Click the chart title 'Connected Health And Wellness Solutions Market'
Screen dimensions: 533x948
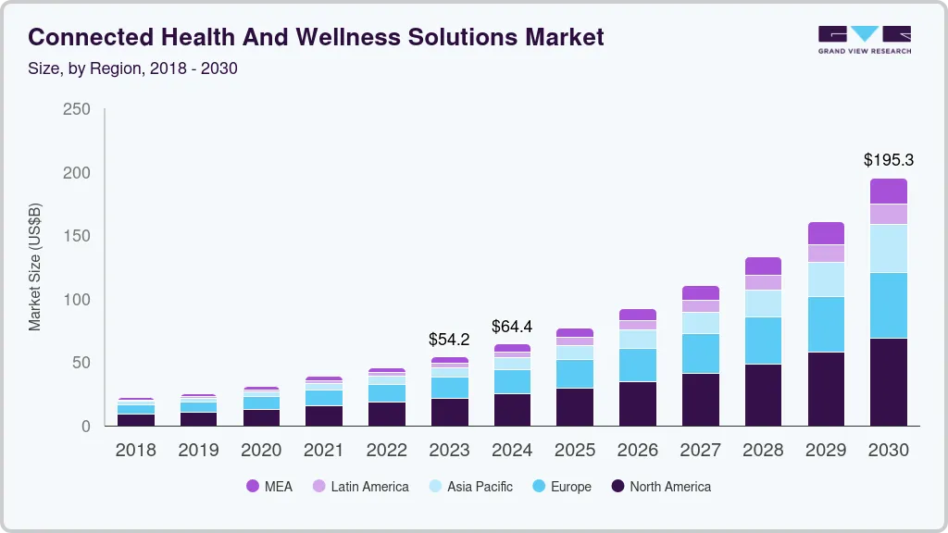pyautogui.click(x=316, y=37)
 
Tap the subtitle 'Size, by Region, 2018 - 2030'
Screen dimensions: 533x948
pyautogui.click(x=133, y=68)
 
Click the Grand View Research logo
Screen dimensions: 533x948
pyautogui.click(x=864, y=39)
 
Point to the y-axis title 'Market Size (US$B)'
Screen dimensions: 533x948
pyautogui.click(x=35, y=266)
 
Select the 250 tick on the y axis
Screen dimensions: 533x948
pyautogui.click(x=77, y=109)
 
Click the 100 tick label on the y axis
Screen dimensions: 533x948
pyautogui.click(x=77, y=300)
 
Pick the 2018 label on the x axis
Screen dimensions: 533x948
pyautogui.click(x=135, y=451)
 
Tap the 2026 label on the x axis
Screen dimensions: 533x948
pyautogui.click(x=637, y=451)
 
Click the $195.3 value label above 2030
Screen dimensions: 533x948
pyautogui.click(x=888, y=160)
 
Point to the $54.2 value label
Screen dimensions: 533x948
pyautogui.click(x=449, y=340)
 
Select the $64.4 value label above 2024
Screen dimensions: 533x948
pyautogui.click(x=512, y=327)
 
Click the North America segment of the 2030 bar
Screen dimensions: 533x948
pyautogui.click(x=888, y=382)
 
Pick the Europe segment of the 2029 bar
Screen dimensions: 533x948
pyautogui.click(x=826, y=324)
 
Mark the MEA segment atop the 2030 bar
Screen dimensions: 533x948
pyautogui.click(x=888, y=191)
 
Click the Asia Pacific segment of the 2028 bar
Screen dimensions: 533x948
pyautogui.click(x=763, y=304)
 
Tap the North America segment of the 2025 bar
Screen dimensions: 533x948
pyautogui.click(x=575, y=407)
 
